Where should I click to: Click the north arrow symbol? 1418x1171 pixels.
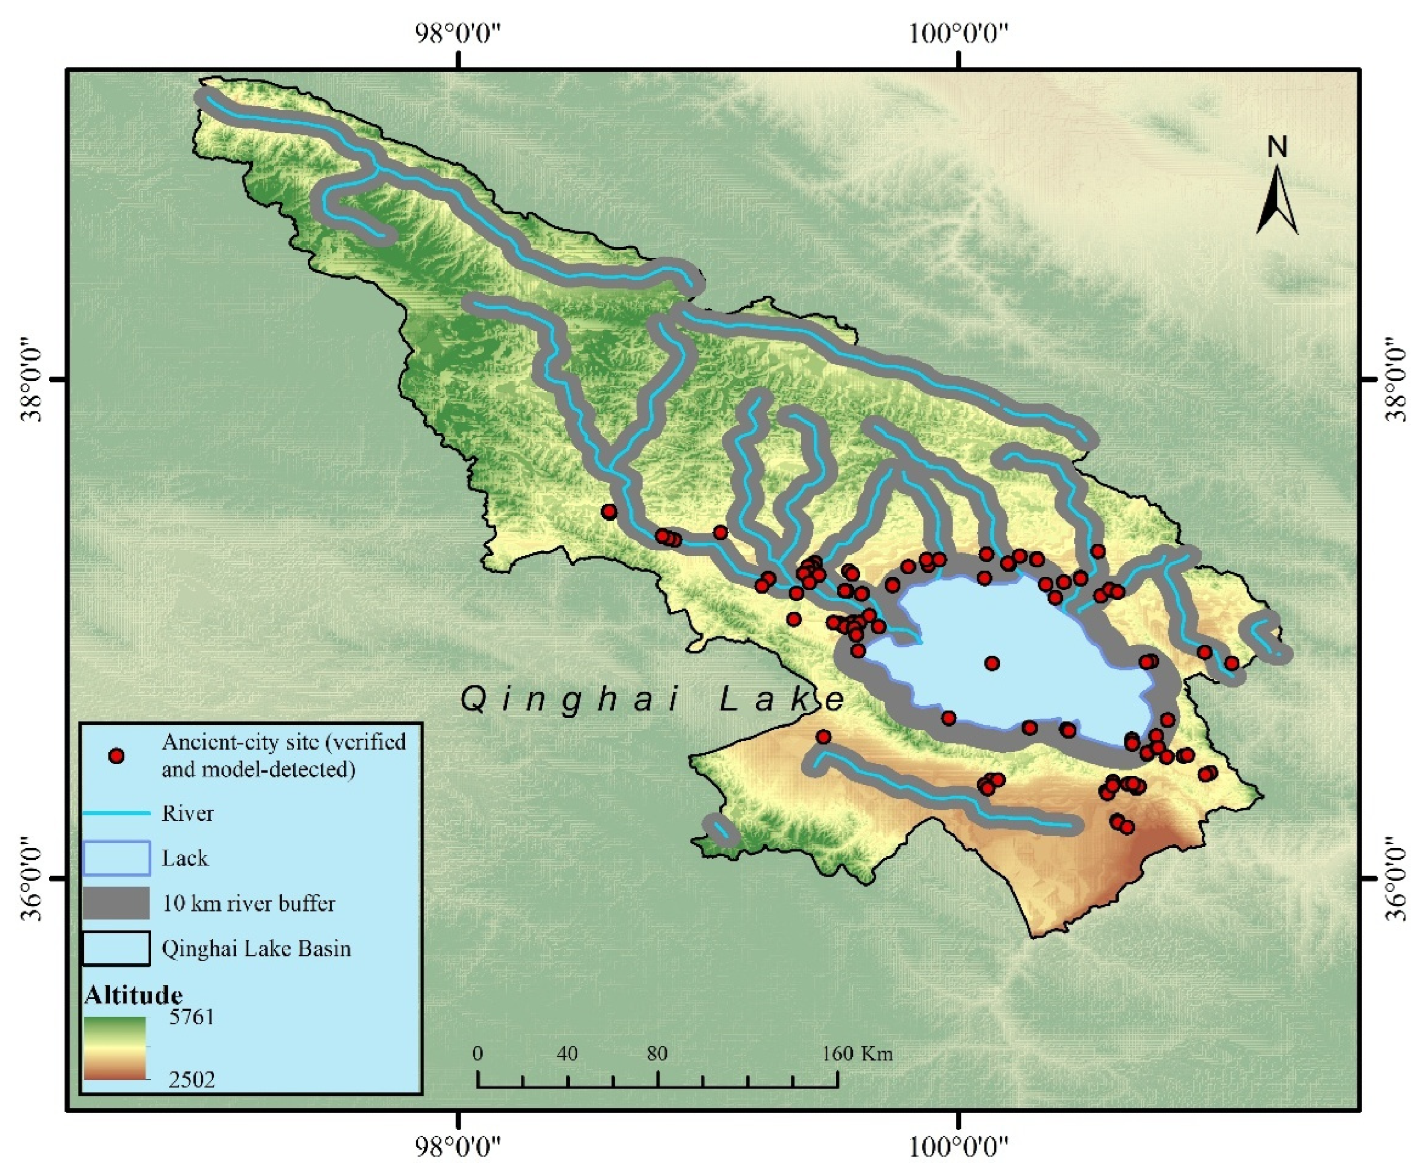tap(1277, 201)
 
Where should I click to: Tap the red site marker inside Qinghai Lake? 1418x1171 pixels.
tap(991, 663)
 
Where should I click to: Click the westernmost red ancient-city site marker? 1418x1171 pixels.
tap(609, 511)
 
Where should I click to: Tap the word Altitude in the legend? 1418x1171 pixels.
tap(134, 995)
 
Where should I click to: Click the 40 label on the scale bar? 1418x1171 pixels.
tap(568, 1054)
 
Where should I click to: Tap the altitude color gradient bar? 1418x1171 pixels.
tap(115, 1048)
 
